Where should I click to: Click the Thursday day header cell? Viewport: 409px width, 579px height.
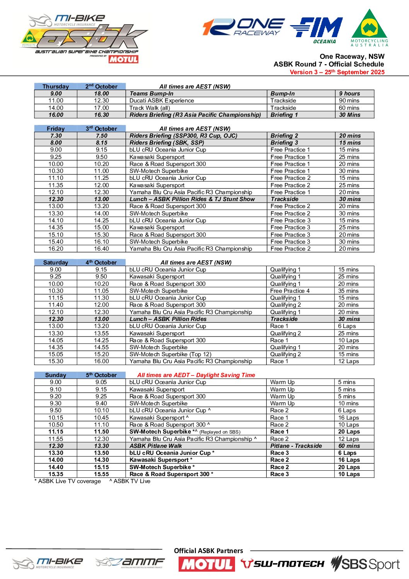click(56, 87)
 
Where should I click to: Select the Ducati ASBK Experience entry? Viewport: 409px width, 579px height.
click(162, 101)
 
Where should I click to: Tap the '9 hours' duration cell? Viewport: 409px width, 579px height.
click(349, 94)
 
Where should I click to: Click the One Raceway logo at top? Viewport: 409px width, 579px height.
click(244, 27)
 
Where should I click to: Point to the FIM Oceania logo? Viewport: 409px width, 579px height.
click(317, 30)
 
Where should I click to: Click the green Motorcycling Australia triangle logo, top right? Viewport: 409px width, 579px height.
click(369, 28)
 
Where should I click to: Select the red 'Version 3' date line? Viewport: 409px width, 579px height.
click(337, 72)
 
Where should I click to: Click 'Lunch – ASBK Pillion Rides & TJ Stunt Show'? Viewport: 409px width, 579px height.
click(192, 199)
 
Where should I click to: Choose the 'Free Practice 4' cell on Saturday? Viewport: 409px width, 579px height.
click(290, 291)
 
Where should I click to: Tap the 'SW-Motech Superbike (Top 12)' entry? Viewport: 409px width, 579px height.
click(170, 354)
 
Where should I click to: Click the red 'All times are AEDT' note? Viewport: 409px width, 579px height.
click(196, 375)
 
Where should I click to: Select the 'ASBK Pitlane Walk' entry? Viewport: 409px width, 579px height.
click(156, 446)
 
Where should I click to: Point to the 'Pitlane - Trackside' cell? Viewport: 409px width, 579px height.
click(296, 446)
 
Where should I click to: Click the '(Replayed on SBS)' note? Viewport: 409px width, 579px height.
click(220, 432)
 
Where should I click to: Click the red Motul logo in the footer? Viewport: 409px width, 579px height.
click(206, 564)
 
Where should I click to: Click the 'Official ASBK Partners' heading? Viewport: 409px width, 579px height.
click(208, 551)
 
